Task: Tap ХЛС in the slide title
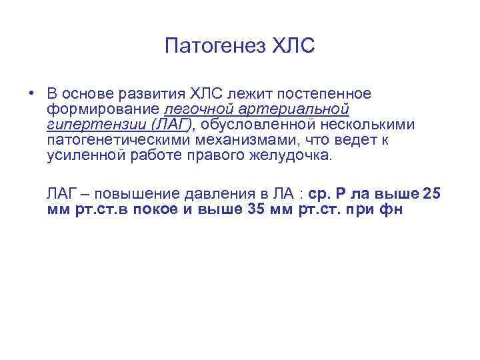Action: (x=293, y=47)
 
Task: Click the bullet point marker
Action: (x=32, y=93)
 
